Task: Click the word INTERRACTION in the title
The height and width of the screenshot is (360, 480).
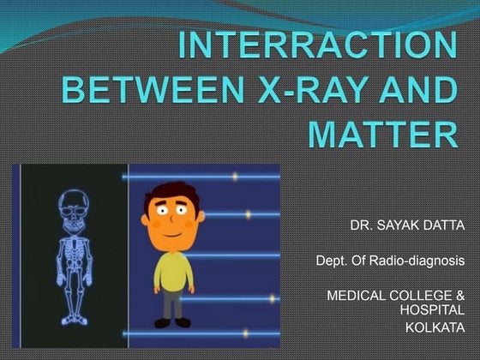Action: click(316, 45)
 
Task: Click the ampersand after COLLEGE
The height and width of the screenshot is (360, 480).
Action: click(460, 295)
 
